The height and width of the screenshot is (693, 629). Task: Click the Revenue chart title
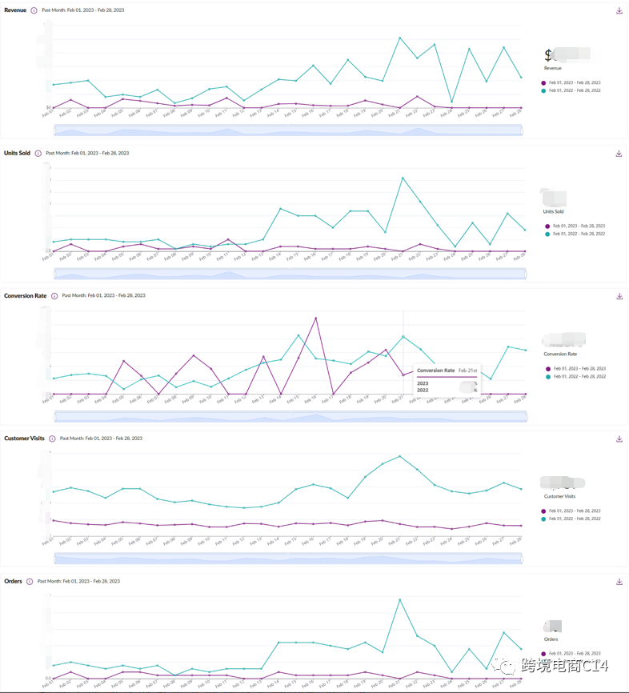pyautogui.click(x=15, y=10)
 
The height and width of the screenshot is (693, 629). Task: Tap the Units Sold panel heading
pyautogui.click(x=17, y=153)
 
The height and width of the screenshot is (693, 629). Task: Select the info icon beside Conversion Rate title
pyautogui.click(x=54, y=296)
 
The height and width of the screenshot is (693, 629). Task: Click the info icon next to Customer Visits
pyautogui.click(x=52, y=439)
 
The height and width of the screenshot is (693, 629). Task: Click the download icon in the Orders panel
pyautogui.click(x=619, y=582)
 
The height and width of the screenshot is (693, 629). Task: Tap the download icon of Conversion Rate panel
pyautogui.click(x=619, y=296)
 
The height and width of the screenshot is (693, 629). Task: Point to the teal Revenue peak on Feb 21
pyautogui.click(x=400, y=37)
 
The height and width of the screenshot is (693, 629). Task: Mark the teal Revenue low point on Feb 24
pyautogui.click(x=452, y=102)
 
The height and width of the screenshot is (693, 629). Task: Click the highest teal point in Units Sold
pyautogui.click(x=403, y=178)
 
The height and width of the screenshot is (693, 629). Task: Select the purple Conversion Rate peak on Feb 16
pyautogui.click(x=316, y=318)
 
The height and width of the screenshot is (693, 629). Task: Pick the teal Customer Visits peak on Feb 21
pyautogui.click(x=399, y=456)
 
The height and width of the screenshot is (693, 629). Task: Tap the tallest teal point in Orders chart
pyautogui.click(x=399, y=599)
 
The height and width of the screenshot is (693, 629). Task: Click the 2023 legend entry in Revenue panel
pyautogui.click(x=571, y=82)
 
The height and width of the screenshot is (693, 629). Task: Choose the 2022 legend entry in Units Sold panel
pyautogui.click(x=575, y=234)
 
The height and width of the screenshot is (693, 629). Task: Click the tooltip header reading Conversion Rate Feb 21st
pyautogui.click(x=447, y=371)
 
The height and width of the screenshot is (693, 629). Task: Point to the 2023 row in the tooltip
pyautogui.click(x=424, y=383)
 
